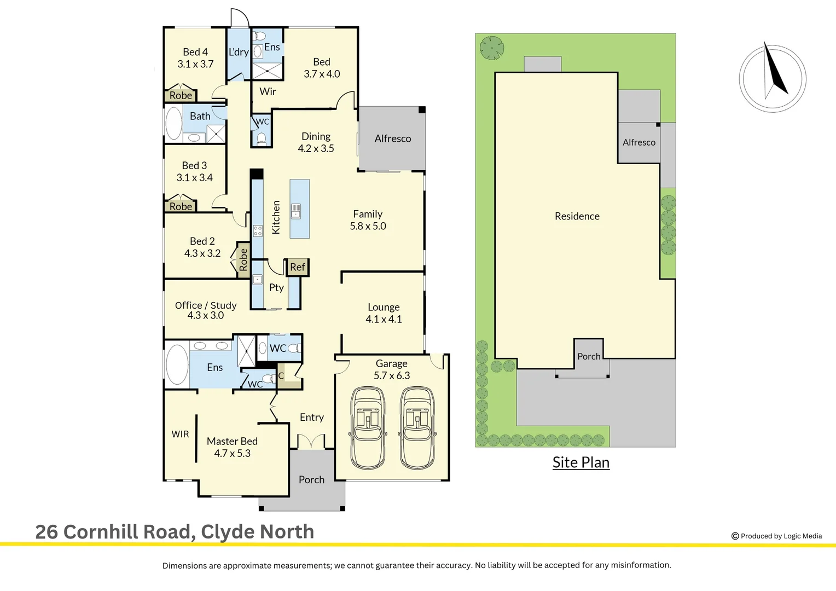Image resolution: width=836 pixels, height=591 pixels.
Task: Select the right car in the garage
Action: (x=418, y=428)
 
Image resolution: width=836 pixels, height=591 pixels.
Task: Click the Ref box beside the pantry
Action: (x=298, y=267)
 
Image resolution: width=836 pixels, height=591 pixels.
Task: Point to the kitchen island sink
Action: (x=296, y=211)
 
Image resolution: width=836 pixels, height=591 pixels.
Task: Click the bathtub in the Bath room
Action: (x=174, y=124)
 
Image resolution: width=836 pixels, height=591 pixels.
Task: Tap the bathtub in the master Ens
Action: (x=177, y=364)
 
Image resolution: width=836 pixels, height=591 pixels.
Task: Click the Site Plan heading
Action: (x=580, y=462)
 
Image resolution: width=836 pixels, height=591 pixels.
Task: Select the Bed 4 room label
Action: (x=195, y=52)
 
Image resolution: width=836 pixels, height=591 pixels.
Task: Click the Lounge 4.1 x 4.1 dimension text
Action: (x=384, y=319)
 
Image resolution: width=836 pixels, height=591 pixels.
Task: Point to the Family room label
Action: (x=368, y=214)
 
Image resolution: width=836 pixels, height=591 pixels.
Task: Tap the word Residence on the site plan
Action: (x=577, y=216)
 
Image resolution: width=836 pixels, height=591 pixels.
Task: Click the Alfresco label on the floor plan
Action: (x=393, y=138)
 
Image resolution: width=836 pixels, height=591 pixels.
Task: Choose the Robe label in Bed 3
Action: (x=181, y=206)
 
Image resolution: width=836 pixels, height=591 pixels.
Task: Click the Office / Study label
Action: (x=206, y=305)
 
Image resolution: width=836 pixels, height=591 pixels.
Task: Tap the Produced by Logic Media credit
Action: (x=777, y=536)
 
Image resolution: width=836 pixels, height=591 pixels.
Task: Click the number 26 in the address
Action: (x=47, y=532)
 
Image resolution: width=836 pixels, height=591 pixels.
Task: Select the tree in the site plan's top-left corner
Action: (x=492, y=48)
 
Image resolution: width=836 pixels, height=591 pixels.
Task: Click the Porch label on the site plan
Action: (x=589, y=356)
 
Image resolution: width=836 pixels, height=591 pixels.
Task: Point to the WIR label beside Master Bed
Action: (x=180, y=434)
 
